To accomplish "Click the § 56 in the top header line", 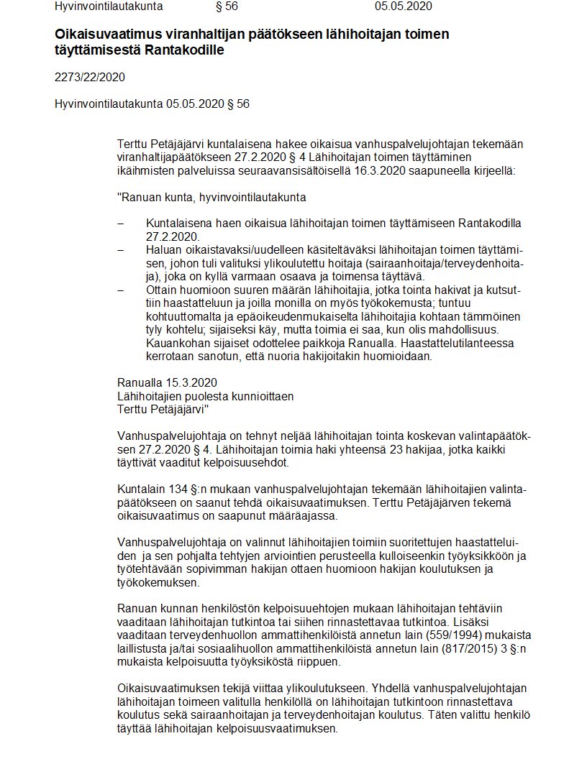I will coord(227,6).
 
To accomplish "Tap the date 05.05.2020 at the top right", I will coord(404,6).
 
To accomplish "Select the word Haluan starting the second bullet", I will coord(163,249).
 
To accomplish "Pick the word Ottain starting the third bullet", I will coord(161,290).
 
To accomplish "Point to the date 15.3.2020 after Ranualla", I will coord(192,382).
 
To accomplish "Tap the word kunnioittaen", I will coord(262,396).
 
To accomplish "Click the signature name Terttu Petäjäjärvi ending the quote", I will coord(163,409).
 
